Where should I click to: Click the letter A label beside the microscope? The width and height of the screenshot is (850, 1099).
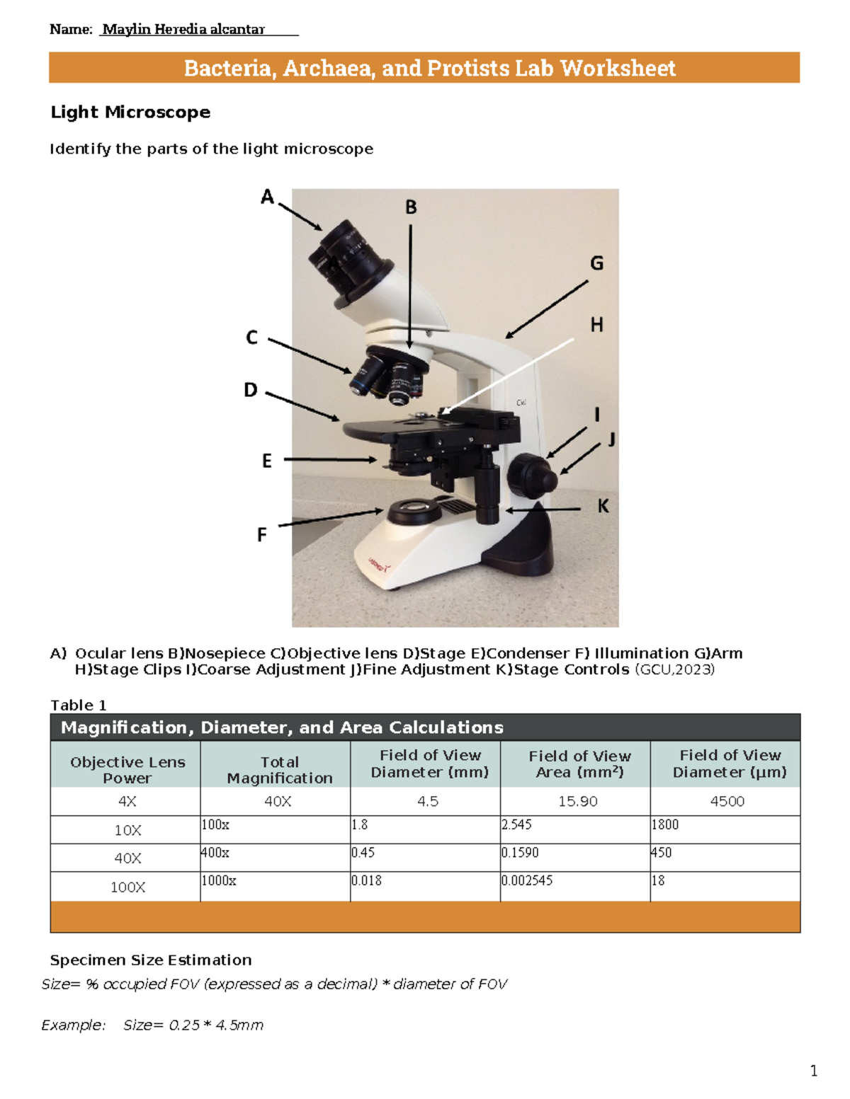(x=267, y=197)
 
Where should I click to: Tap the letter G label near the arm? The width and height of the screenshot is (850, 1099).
(x=597, y=263)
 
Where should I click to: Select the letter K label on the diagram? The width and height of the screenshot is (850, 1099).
(x=603, y=506)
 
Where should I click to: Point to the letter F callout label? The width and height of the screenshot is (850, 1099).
(x=262, y=535)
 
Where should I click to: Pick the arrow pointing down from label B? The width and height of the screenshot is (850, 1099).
(x=410, y=283)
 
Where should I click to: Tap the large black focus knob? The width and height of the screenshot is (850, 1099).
(x=532, y=475)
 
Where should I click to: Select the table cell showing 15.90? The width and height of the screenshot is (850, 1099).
(x=577, y=801)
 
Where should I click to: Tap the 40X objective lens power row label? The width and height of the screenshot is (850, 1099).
(x=127, y=858)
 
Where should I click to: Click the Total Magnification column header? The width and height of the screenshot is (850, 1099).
(x=279, y=770)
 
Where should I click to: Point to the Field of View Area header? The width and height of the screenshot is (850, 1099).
(x=579, y=764)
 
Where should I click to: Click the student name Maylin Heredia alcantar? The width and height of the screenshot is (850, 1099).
(x=183, y=29)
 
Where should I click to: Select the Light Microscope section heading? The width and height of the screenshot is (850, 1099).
(x=130, y=112)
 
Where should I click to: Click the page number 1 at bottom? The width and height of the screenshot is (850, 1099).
(x=814, y=1071)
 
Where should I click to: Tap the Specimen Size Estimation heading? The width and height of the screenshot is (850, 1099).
(x=151, y=960)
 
